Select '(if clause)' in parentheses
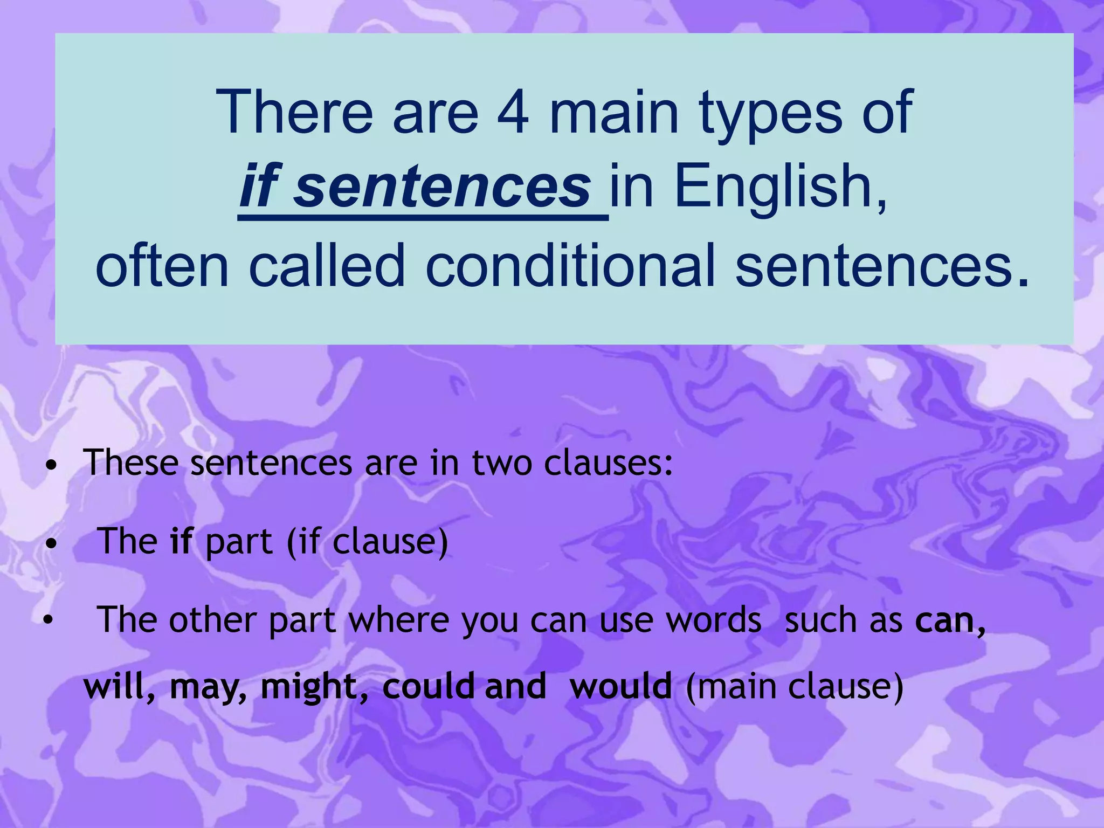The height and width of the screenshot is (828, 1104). click(367, 542)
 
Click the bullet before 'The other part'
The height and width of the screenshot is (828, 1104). click(49, 620)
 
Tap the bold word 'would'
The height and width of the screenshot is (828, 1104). click(620, 686)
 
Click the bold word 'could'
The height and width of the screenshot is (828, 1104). click(429, 686)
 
